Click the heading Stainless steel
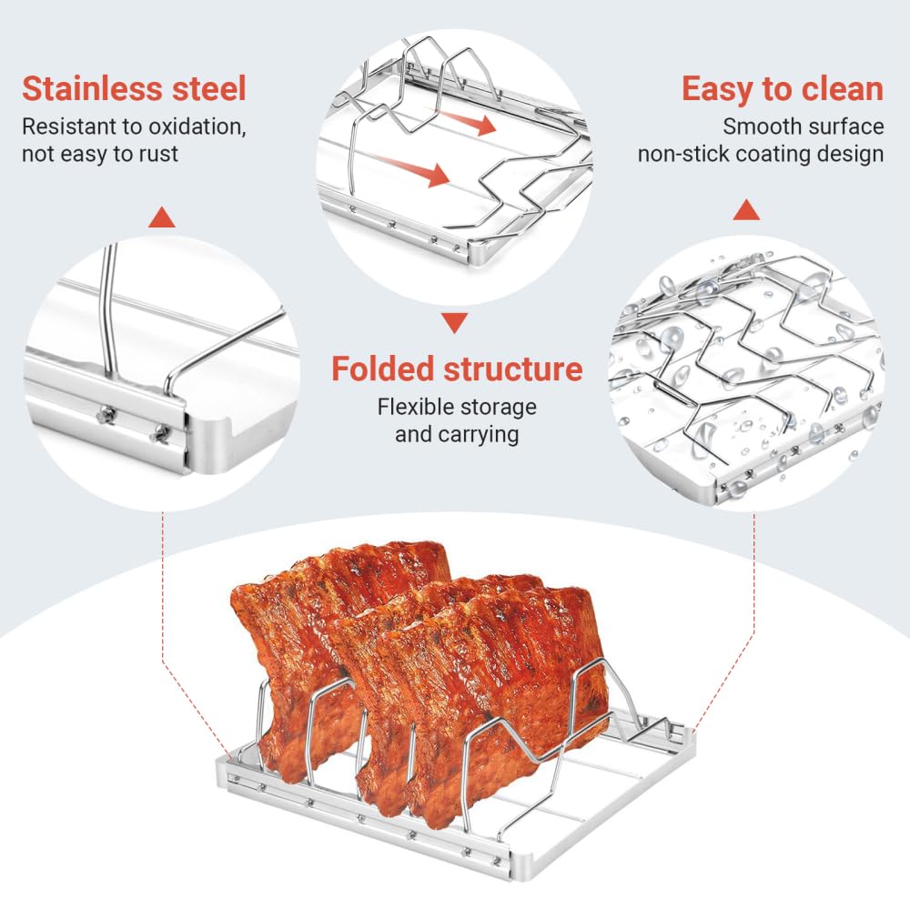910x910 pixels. (134, 89)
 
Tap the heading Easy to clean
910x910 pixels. (782, 89)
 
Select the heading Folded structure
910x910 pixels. (456, 369)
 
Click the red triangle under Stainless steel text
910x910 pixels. (162, 217)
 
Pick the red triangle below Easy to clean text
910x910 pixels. (746, 209)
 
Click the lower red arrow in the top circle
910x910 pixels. (414, 169)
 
